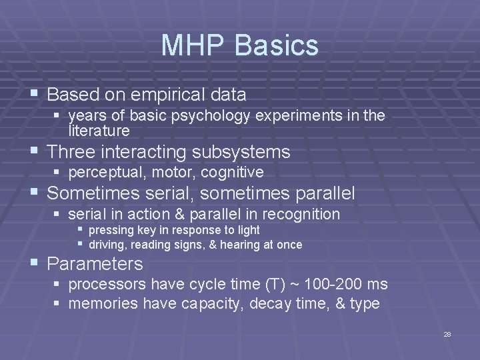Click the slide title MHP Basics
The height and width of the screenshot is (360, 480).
(x=240, y=45)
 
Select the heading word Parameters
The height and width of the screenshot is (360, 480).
(x=95, y=263)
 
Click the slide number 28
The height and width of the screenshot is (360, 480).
(x=447, y=335)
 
